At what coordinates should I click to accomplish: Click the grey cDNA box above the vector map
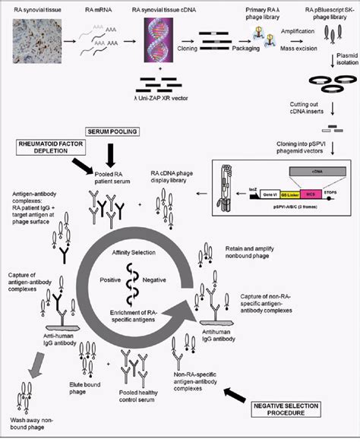tap(293, 173)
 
